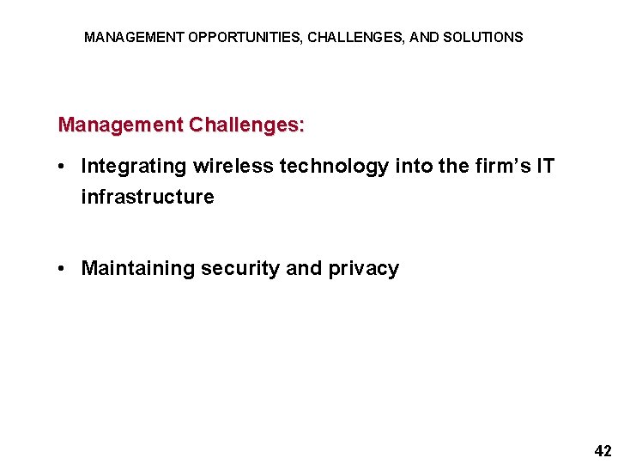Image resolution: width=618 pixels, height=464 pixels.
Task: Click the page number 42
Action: [x=603, y=450]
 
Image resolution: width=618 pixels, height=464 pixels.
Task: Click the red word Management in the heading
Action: [x=120, y=125]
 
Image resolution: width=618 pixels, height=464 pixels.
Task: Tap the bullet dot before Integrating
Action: [x=64, y=167]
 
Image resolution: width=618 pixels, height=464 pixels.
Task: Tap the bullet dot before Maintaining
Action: [x=64, y=269]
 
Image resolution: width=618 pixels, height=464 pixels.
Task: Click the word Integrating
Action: [x=135, y=166]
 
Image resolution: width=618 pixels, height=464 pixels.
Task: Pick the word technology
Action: [x=334, y=166]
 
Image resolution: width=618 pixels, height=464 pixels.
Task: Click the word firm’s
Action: [x=501, y=166]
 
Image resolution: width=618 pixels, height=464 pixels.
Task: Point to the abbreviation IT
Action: [x=545, y=166]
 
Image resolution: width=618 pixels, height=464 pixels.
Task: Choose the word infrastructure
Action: [x=147, y=197]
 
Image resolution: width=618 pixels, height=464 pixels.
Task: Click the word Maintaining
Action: [x=138, y=268]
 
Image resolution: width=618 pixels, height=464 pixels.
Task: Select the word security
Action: [x=240, y=268]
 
